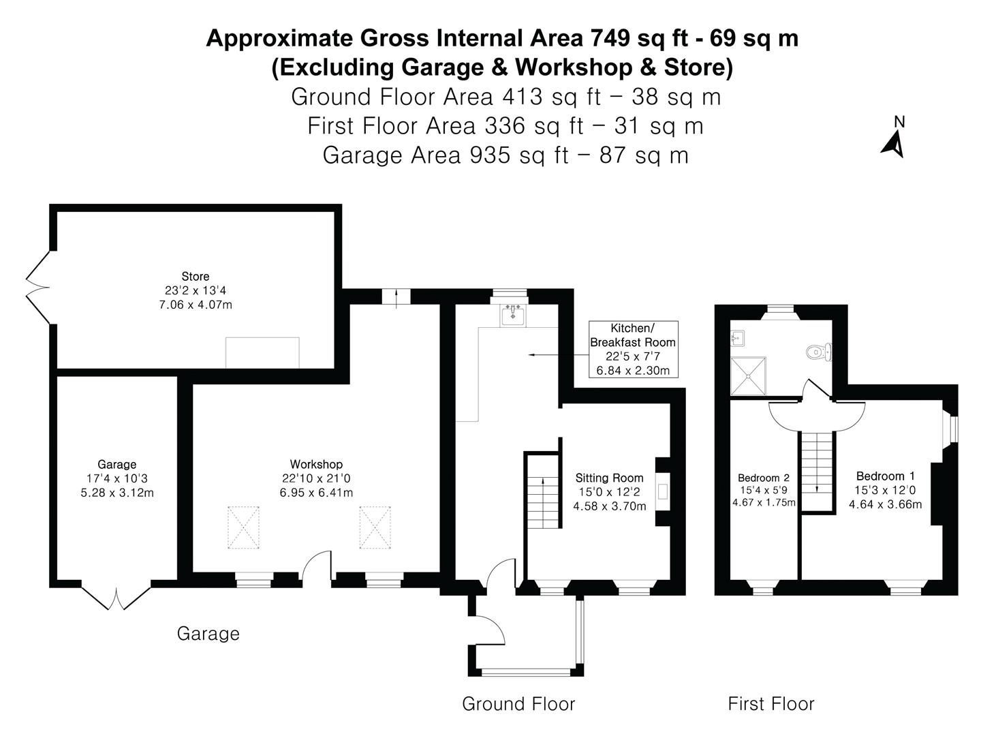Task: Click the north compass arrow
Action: (x=894, y=144)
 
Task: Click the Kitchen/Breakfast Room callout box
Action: (x=633, y=349)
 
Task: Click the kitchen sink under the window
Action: (x=512, y=316)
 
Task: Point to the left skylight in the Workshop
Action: (x=243, y=527)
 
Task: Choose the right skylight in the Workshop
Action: (x=375, y=527)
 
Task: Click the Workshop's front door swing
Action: (x=317, y=567)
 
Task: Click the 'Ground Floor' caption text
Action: (x=518, y=704)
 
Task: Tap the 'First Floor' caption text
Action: (x=770, y=704)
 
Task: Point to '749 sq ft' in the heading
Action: (x=643, y=38)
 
